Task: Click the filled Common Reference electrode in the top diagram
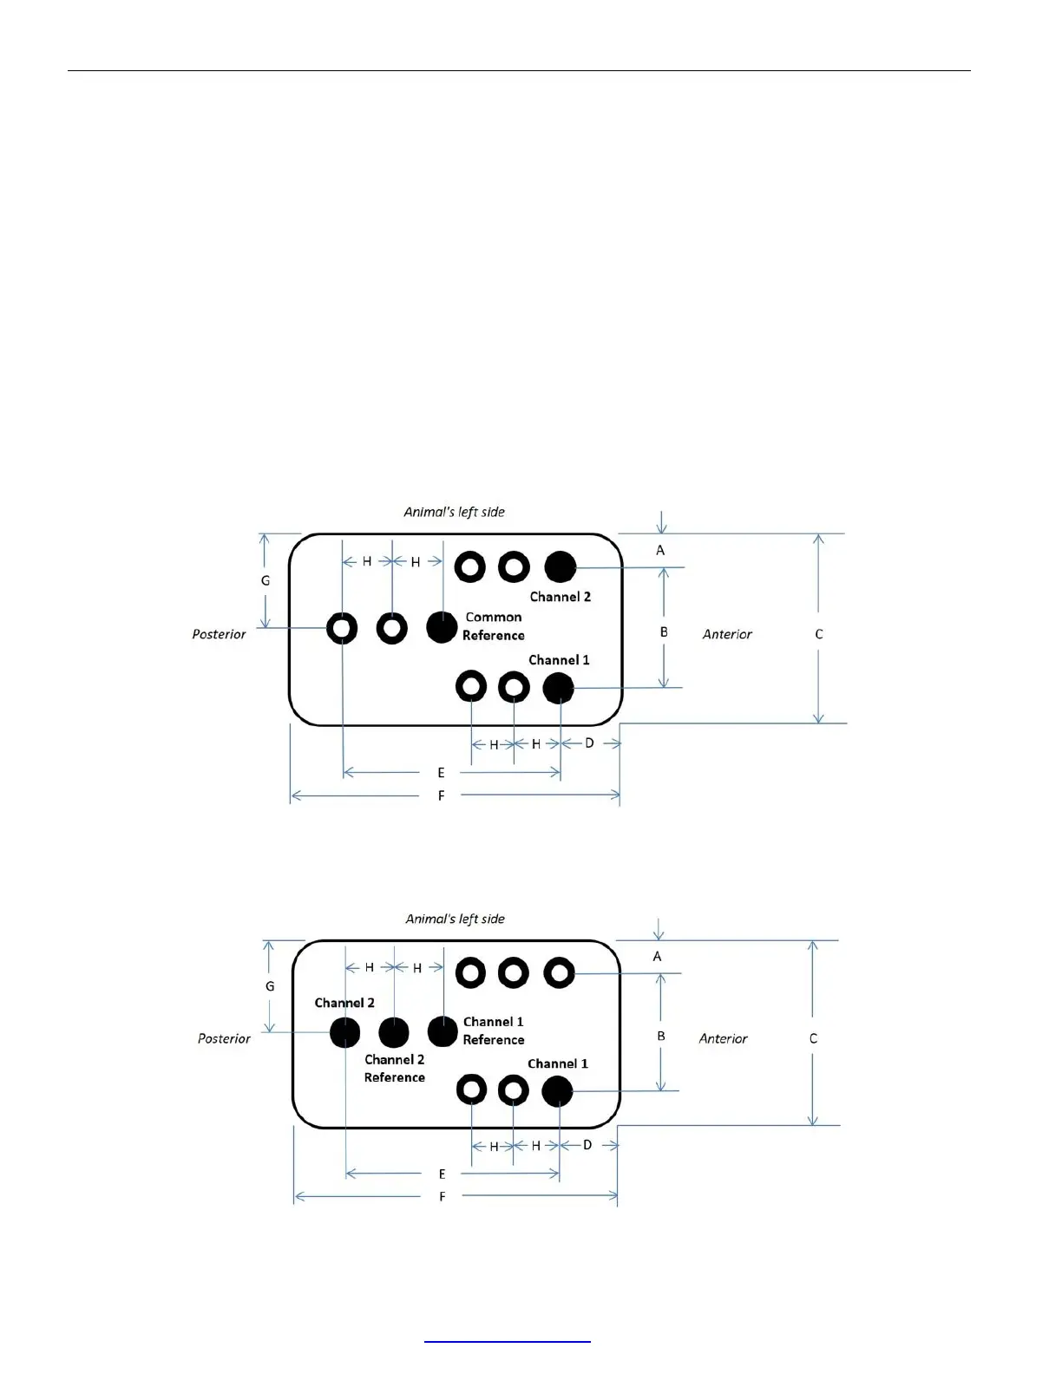pyautogui.click(x=442, y=626)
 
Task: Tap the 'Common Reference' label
pyautogui.click(x=493, y=626)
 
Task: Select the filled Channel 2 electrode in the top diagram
pyautogui.click(x=560, y=566)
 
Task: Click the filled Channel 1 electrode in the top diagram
pyautogui.click(x=558, y=688)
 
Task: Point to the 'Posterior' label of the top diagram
pyautogui.click(x=219, y=634)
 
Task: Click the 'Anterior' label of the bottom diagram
pyautogui.click(x=723, y=1038)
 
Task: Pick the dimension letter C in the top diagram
pyautogui.click(x=818, y=634)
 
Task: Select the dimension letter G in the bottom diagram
pyautogui.click(x=270, y=986)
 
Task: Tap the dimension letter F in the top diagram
pyautogui.click(x=441, y=795)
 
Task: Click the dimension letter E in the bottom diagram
pyautogui.click(x=442, y=1174)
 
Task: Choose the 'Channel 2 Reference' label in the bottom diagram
pyautogui.click(x=395, y=1069)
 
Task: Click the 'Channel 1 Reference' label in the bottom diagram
pyautogui.click(x=493, y=1030)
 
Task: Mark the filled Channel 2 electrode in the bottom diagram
pyautogui.click(x=344, y=1032)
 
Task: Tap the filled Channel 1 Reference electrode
pyautogui.click(x=442, y=1031)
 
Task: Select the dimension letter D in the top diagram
pyautogui.click(x=589, y=743)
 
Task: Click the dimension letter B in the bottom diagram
pyautogui.click(x=660, y=1036)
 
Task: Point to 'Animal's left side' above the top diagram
pyautogui.click(x=454, y=512)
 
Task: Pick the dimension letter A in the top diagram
pyautogui.click(x=660, y=550)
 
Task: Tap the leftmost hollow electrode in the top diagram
pyautogui.click(x=342, y=627)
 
